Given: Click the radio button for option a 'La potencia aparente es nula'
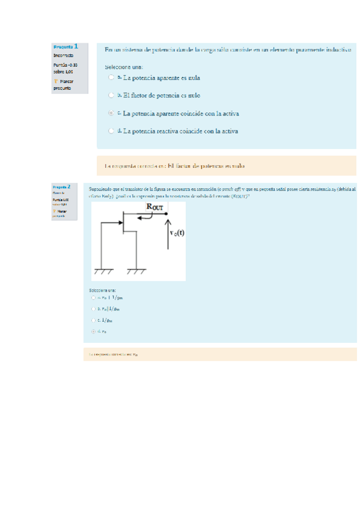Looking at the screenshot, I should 111,78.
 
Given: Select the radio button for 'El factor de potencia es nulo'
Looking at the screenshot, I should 111,95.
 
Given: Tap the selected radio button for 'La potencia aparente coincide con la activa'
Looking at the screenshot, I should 111,112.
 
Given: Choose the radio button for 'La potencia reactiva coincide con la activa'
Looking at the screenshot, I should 111,130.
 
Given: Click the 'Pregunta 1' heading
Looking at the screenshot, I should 66,46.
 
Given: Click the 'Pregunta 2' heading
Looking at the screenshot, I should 61,187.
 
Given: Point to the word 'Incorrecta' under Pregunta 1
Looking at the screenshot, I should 63,55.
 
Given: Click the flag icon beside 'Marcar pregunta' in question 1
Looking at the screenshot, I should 55,81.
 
